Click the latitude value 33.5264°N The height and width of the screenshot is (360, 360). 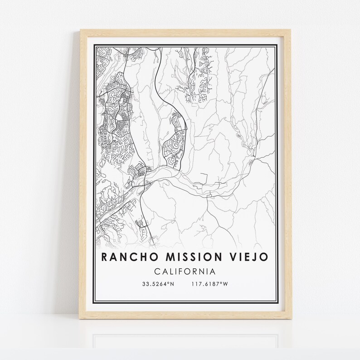point(158,284)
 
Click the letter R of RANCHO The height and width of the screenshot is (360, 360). point(105,257)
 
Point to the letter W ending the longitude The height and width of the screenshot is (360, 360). point(225,284)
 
